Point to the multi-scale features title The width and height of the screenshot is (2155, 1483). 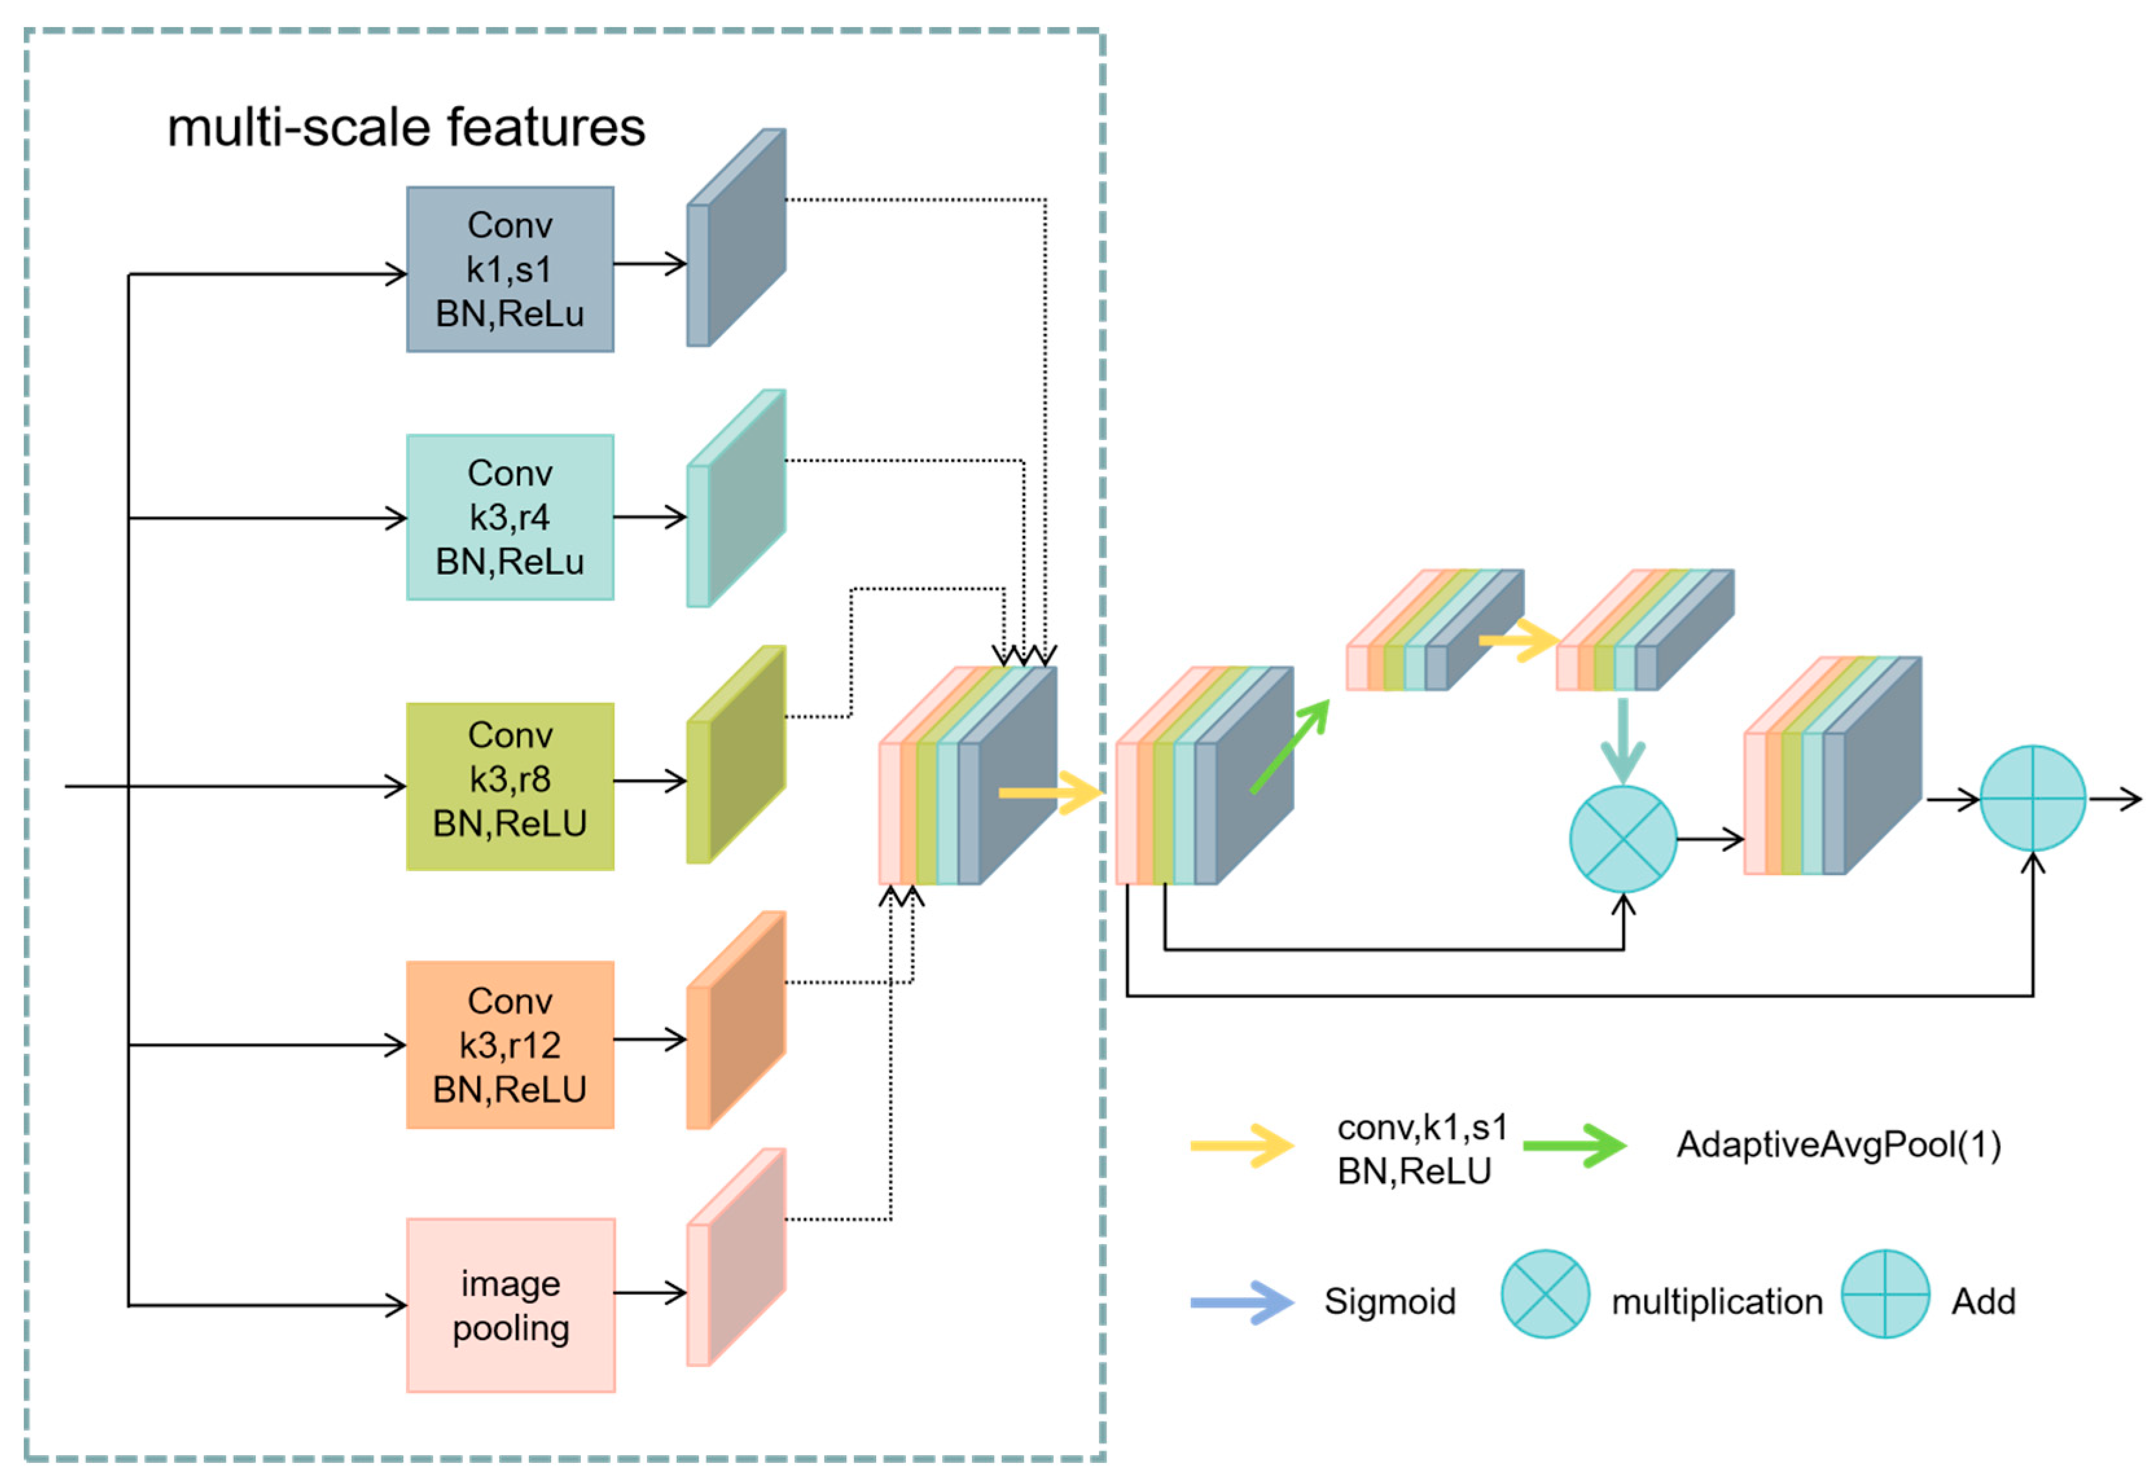[x=406, y=128]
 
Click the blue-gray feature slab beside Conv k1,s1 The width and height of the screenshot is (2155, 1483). [x=736, y=238]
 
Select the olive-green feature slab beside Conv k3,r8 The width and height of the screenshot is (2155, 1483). [x=736, y=755]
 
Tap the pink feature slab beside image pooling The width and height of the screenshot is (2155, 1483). [x=736, y=1257]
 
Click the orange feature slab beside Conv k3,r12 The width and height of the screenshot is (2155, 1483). [x=736, y=1020]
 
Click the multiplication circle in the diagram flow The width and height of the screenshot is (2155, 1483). [x=1623, y=839]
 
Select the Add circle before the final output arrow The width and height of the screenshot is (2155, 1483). [x=2033, y=798]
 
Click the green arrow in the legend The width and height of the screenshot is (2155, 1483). [x=1575, y=1146]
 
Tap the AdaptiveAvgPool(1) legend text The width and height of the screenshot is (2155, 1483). [x=1838, y=1144]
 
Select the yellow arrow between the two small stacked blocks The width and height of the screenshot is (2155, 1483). [x=1518, y=640]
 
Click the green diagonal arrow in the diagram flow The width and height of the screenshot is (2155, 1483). [x=1291, y=746]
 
